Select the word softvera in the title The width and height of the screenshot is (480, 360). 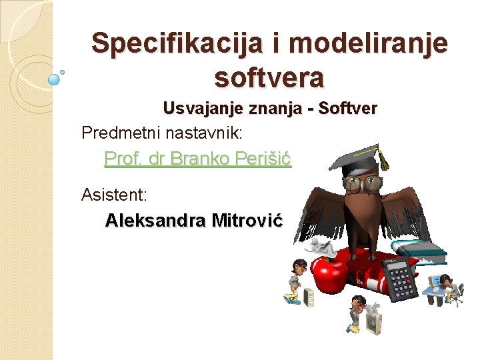(x=269, y=78)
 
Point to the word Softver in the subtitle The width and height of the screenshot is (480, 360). (x=348, y=108)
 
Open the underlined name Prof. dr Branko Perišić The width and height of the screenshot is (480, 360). (x=198, y=159)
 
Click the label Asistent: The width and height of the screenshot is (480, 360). (x=114, y=195)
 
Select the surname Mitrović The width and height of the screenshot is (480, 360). (x=247, y=220)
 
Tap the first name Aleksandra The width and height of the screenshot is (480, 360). (x=155, y=220)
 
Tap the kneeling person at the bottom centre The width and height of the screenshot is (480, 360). (x=359, y=313)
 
